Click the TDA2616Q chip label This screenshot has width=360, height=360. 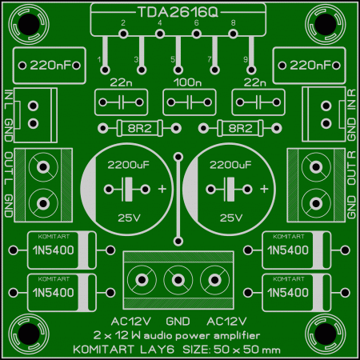tap(178, 12)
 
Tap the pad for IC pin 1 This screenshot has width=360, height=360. tap(105, 70)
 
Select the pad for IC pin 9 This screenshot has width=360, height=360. tap(251, 70)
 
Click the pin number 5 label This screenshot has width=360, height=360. tap(173, 59)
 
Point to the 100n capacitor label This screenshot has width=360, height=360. tap(188, 82)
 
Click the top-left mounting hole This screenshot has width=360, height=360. tap(29, 24)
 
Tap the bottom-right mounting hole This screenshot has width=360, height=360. tap(326, 334)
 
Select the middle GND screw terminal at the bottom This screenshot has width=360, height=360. tap(178, 280)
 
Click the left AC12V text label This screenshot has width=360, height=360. tap(131, 322)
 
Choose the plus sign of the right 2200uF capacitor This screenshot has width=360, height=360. tap(264, 189)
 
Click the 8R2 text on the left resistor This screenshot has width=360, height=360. tap(139, 129)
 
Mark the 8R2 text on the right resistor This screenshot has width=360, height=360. tap(240, 129)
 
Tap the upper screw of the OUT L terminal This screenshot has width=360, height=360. tap(43, 167)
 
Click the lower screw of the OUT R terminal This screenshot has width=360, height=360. tap(316, 204)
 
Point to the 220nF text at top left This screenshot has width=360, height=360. tap(51, 66)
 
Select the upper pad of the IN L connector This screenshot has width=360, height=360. tap(33, 106)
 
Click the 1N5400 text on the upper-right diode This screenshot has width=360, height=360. tap(288, 250)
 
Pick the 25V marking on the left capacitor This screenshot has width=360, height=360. tap(129, 218)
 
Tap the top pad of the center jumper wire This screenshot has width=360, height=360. tap(178, 157)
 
